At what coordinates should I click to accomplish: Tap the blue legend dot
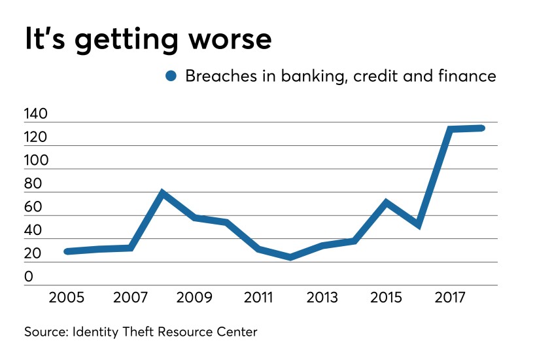(172, 77)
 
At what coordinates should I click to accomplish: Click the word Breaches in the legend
(216, 76)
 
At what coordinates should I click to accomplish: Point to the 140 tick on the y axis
(36, 115)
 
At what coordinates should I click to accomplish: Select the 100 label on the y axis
(36, 161)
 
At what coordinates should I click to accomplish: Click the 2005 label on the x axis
(67, 298)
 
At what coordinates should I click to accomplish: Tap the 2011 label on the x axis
(259, 298)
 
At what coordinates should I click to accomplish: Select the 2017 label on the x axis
(451, 298)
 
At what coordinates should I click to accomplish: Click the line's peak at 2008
(162, 193)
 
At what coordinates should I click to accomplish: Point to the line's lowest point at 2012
(290, 257)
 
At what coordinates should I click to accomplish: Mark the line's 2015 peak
(387, 202)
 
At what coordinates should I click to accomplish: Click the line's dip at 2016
(418, 225)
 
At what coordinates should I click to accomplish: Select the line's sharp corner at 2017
(450, 129)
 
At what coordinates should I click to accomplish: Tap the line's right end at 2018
(481, 128)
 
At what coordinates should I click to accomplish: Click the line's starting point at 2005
(67, 251)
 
